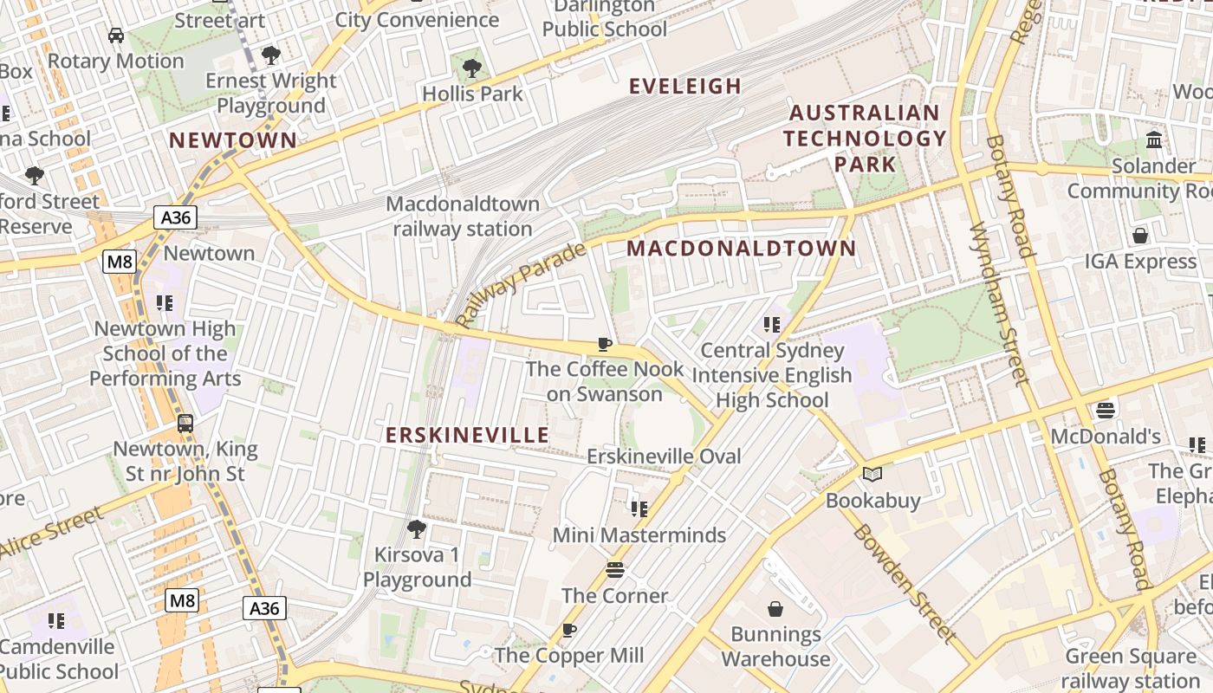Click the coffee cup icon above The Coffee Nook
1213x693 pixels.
point(605,344)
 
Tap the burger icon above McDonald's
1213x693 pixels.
point(1106,410)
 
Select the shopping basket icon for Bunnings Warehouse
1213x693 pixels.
point(775,609)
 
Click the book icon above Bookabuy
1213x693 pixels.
point(872,475)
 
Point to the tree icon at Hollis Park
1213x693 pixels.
point(472,68)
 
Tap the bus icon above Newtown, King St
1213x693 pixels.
point(185,424)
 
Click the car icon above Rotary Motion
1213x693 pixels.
point(115,36)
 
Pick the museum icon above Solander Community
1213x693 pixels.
point(1154,139)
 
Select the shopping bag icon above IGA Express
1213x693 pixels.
point(1140,236)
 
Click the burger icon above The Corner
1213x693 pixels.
point(615,569)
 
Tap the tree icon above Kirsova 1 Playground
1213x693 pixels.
point(417,528)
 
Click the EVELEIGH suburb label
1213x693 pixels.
point(684,86)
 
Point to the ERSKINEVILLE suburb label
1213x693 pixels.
point(467,435)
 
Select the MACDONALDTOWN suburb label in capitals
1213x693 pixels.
point(741,249)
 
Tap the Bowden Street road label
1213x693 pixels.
point(905,583)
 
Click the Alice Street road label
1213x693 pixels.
point(52,532)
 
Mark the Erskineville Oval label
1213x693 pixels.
point(664,457)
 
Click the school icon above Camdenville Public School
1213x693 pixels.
point(56,620)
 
